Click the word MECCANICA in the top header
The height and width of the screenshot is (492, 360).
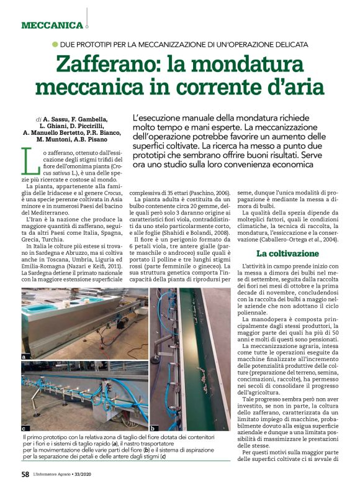[x=52, y=25]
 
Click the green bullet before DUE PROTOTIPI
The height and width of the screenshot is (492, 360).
[x=55, y=44]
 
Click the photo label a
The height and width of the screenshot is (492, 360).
[x=24, y=357]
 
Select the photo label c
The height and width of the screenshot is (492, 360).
[x=24, y=428]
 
